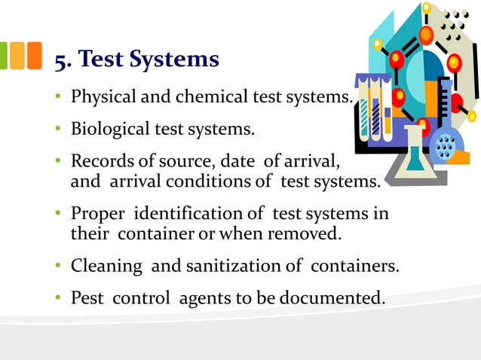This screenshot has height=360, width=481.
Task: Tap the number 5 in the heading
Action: [60, 59]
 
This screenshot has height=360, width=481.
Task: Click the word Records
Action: [99, 161]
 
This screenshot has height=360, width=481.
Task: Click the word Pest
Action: [87, 297]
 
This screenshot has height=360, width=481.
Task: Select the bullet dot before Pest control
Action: [59, 298]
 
